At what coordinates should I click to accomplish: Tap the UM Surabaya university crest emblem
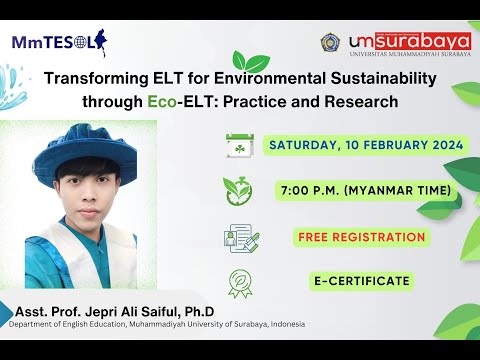pos(330,41)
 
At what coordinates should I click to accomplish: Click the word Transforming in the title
pos(91,78)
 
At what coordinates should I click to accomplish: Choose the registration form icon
pos(241,238)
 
